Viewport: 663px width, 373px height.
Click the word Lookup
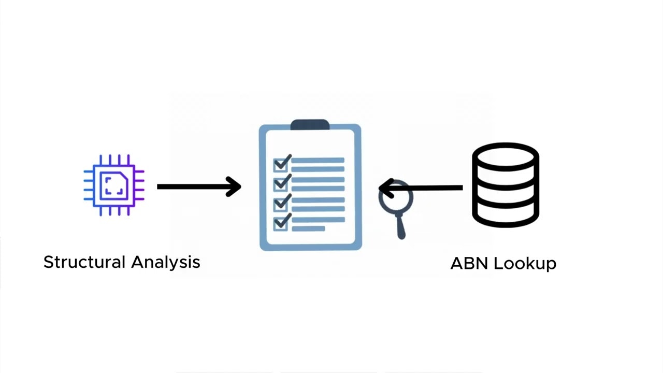pos(524,263)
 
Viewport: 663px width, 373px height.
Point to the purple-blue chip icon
pos(114,185)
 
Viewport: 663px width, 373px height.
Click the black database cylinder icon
pos(506,185)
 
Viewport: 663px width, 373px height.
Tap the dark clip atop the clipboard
pos(310,125)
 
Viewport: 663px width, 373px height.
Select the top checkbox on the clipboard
pos(281,165)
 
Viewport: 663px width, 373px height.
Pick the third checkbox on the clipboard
pos(281,204)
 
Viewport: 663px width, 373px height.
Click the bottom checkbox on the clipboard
pos(281,223)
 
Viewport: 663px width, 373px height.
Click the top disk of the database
pos(506,155)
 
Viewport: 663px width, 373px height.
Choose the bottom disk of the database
pos(506,215)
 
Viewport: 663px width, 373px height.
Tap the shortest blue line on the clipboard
pos(308,228)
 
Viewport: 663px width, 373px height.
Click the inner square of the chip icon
pos(114,185)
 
